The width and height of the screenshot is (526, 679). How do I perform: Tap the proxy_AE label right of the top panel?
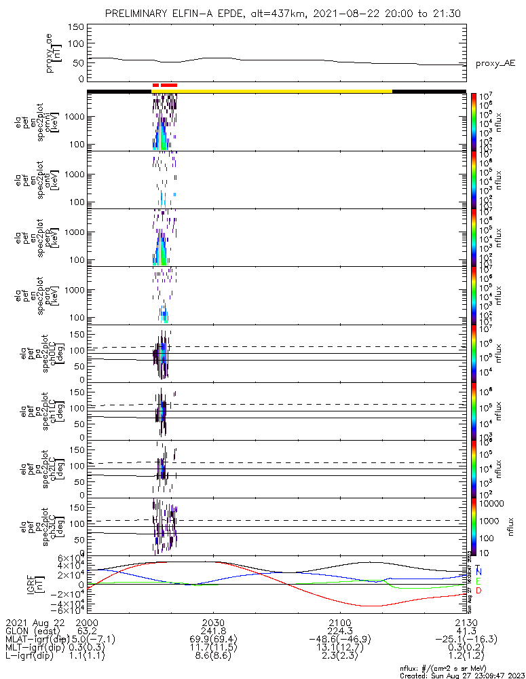click(495, 63)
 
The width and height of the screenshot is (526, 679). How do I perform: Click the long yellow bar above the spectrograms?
click(271, 90)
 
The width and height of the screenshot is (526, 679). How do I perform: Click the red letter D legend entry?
click(478, 591)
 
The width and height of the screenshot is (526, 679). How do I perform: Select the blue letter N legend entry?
click(478, 573)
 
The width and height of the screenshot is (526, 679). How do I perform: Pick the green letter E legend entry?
click(478, 582)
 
